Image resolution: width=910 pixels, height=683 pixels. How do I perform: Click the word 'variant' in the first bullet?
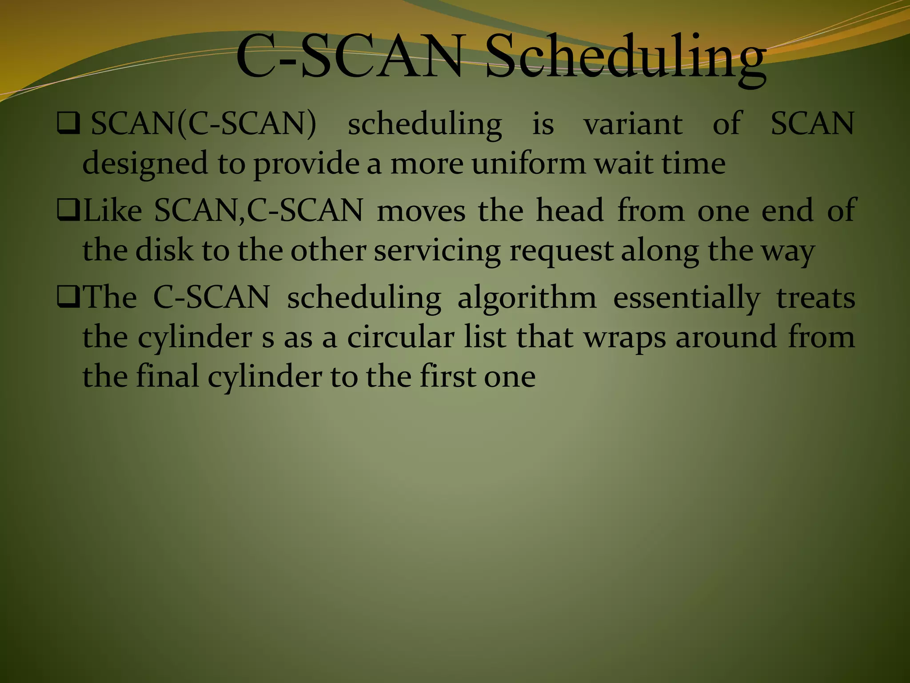tap(633, 124)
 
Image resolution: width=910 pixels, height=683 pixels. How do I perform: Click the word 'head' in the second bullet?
tap(570, 210)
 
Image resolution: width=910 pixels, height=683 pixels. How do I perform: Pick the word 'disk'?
tap(164, 250)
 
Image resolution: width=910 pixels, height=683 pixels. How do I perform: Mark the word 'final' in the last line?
tap(167, 376)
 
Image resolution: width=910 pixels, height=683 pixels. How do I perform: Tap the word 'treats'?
tap(815, 298)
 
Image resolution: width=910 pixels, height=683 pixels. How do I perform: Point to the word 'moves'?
tap(421, 211)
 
